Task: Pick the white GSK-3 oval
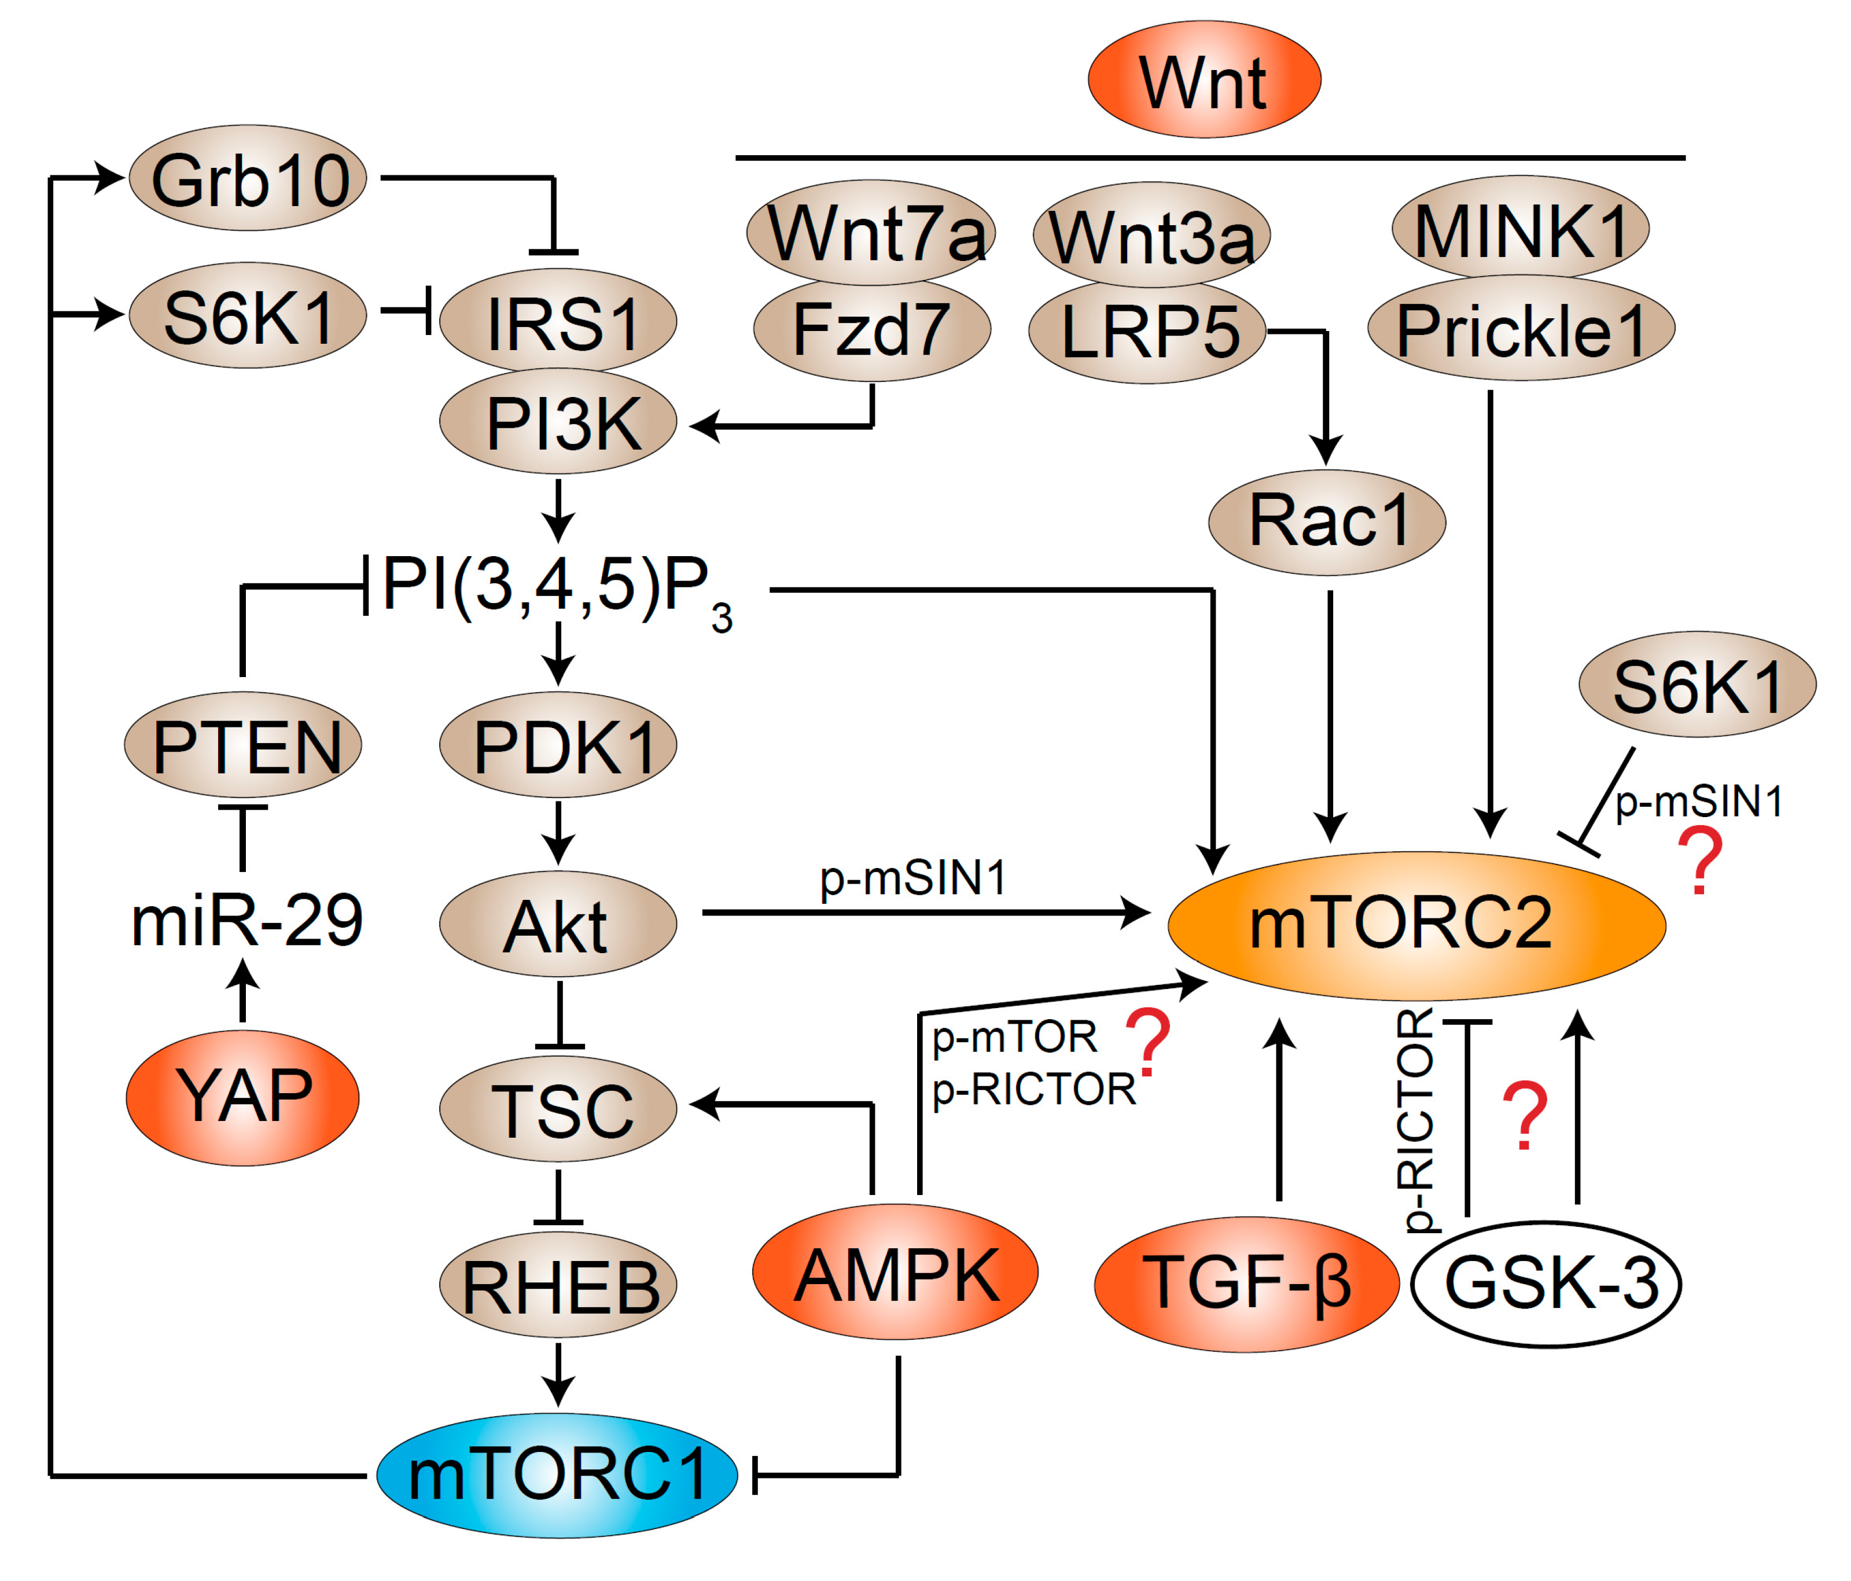click(1545, 1282)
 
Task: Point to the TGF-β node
click(1246, 1282)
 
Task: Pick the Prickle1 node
click(1521, 329)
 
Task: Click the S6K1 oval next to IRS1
click(248, 315)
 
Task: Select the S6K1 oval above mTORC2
click(1697, 685)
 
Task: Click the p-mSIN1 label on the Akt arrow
click(913, 877)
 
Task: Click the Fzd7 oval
click(872, 329)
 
